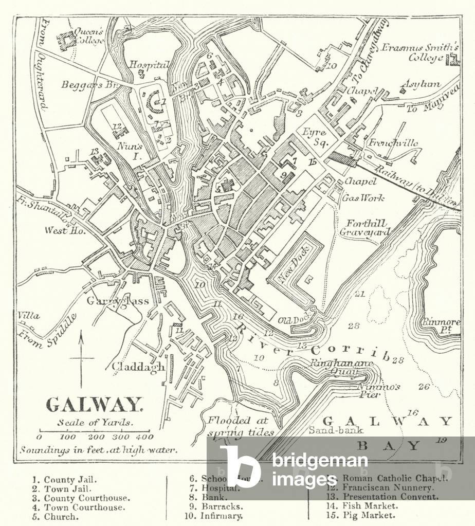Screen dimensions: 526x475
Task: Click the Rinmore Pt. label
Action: [441, 325]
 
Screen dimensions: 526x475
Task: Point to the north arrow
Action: [81, 359]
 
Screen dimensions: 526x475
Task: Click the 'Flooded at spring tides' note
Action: [240, 426]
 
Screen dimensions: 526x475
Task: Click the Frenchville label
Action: [393, 143]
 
